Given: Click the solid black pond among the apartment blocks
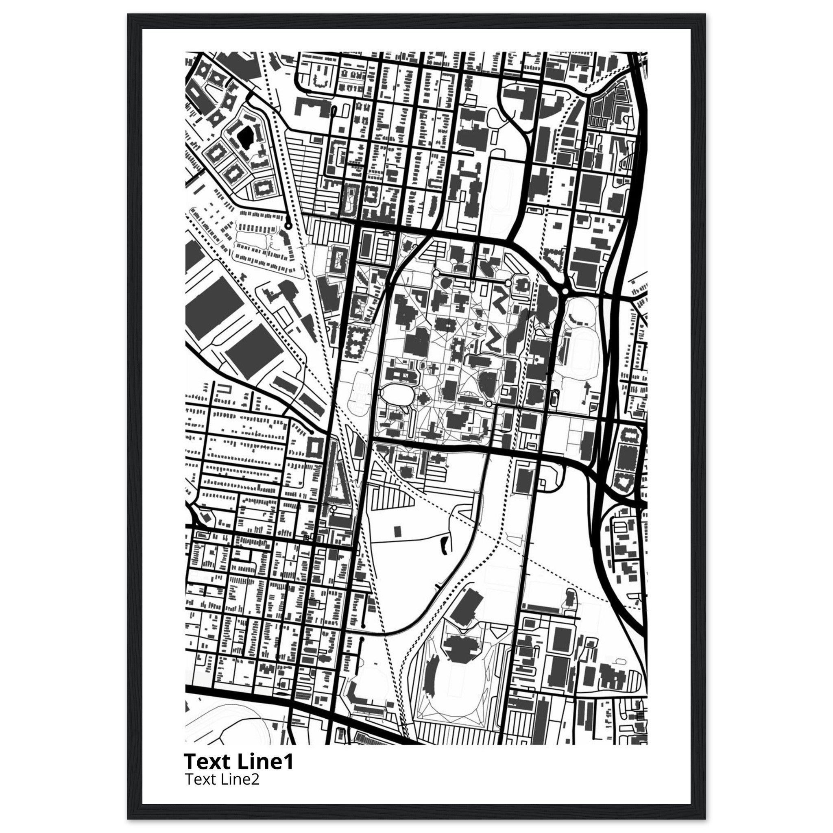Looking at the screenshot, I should [245, 137].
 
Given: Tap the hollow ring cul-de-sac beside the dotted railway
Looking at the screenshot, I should [288, 225].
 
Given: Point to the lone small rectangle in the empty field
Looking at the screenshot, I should [397, 531].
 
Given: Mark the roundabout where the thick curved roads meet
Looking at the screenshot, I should [565, 292].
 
